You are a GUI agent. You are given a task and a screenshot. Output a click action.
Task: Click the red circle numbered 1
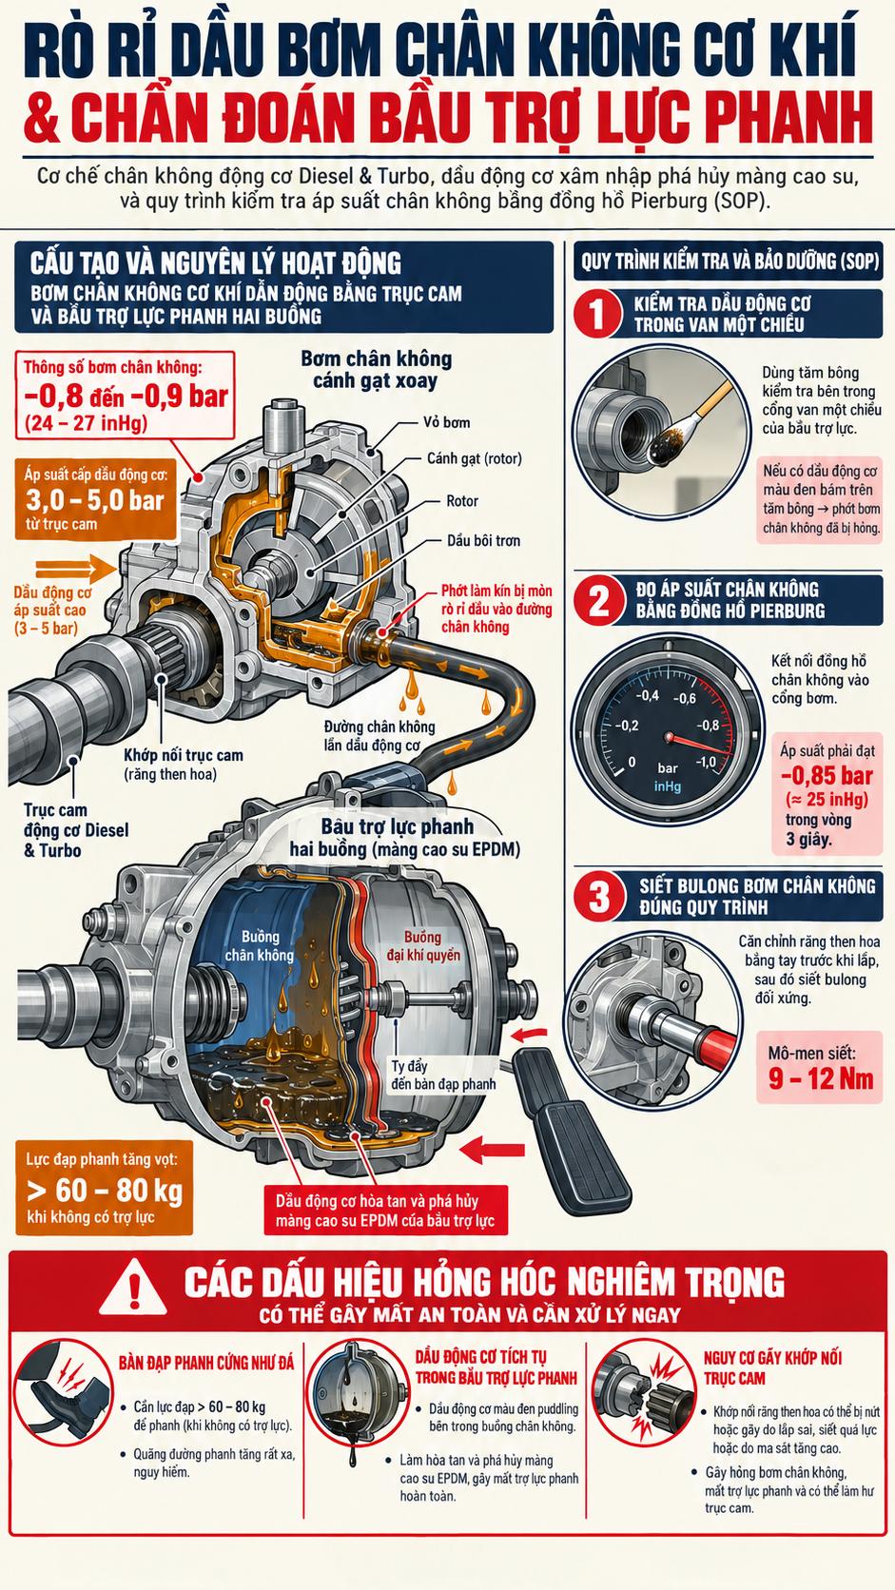[597, 314]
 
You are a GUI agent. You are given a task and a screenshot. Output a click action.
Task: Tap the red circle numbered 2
[598, 600]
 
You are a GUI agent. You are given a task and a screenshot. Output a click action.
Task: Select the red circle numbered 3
[598, 896]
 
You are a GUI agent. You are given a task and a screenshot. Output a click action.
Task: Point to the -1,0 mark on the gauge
[706, 762]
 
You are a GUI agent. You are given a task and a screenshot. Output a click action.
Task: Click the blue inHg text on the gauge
[667, 786]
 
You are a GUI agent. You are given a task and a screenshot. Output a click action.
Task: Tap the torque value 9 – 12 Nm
[821, 1079]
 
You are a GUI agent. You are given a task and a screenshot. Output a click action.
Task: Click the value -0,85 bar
[827, 775]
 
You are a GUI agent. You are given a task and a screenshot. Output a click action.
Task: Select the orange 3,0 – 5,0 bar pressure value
[95, 499]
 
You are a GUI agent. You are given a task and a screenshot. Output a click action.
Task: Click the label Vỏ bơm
[446, 422]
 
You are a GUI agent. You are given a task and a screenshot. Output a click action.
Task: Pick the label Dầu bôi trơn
[483, 541]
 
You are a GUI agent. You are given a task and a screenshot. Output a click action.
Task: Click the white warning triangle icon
[133, 1287]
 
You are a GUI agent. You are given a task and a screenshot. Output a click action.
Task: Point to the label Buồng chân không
[260, 946]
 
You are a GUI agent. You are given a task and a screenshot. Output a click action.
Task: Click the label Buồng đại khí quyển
[424, 946]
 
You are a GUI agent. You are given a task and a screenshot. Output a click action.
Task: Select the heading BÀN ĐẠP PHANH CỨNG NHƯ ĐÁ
[206, 1362]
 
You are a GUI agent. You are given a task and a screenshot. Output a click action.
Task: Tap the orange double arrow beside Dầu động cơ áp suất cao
[75, 569]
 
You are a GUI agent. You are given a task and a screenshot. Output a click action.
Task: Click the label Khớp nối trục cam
[184, 755]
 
